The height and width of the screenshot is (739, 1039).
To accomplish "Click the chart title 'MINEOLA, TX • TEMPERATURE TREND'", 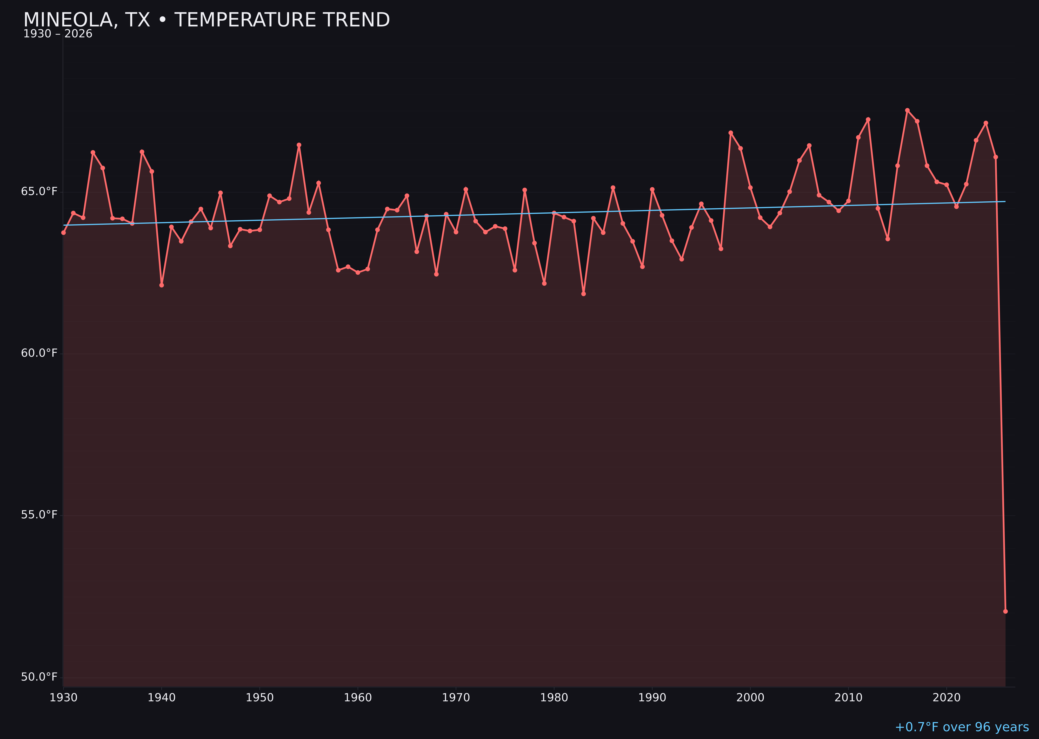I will [207, 20].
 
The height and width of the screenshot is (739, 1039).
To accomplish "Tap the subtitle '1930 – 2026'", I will [58, 34].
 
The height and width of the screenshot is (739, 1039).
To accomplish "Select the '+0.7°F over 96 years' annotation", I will [962, 727].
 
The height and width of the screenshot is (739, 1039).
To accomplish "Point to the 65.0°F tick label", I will [39, 192].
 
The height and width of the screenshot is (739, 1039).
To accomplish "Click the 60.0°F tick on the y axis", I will [39, 353].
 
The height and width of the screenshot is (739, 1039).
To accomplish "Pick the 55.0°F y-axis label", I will [39, 515].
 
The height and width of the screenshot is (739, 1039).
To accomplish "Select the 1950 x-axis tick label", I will [260, 698].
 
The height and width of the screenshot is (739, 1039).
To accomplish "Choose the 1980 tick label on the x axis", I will [554, 698].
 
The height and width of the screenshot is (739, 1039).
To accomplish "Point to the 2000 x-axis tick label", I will [750, 698].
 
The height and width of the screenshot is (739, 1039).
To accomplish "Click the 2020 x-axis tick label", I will [947, 698].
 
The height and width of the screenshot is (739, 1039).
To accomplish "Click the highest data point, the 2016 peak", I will [907, 110].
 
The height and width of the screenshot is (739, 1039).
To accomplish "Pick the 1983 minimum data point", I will [584, 294].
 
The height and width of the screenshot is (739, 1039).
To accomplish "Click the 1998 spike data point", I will [731, 133].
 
